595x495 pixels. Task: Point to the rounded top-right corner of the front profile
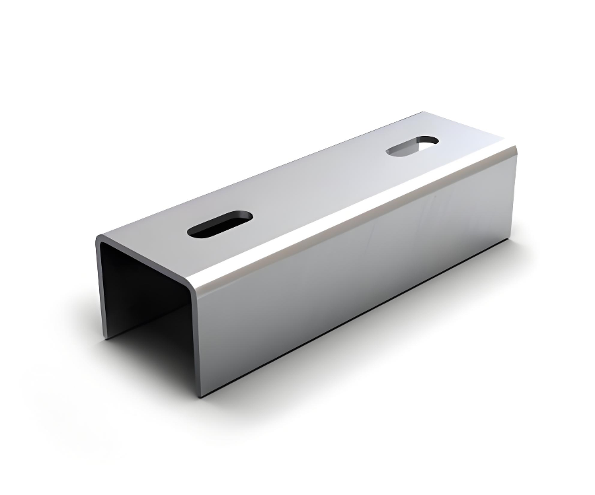192,284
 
